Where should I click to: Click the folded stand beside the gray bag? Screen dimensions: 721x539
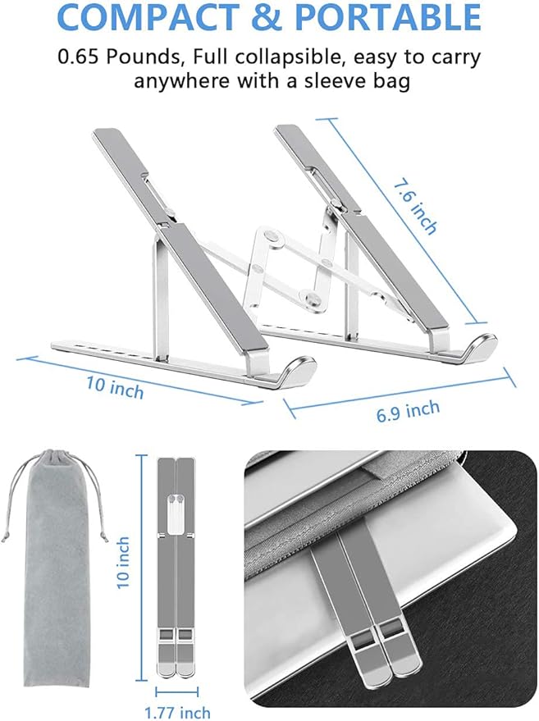[176, 566]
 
